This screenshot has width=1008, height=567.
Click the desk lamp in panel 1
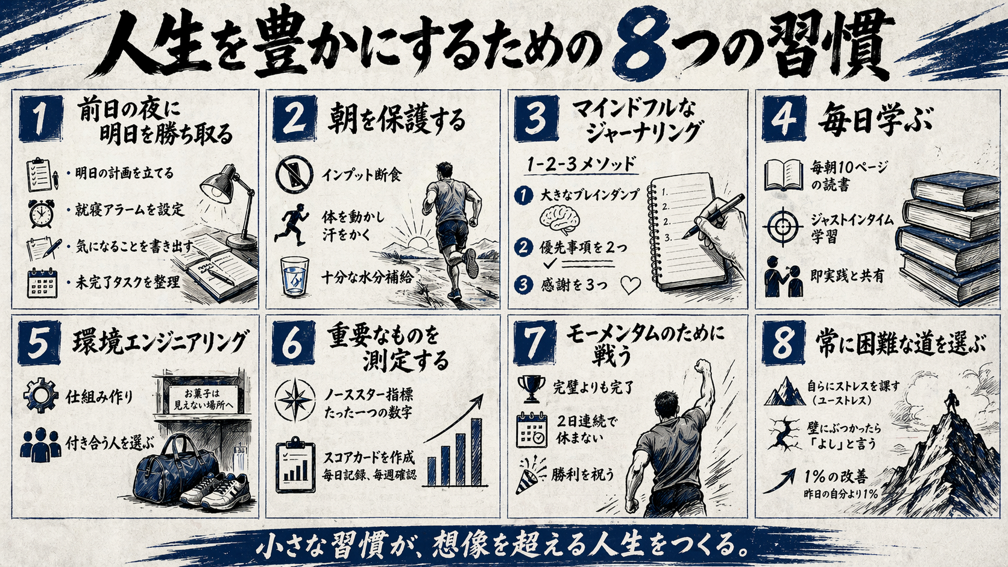point(226,199)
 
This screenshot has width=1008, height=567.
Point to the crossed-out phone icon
point(294,175)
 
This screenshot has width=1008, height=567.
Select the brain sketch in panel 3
point(559,218)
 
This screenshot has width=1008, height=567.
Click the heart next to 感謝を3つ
point(630,284)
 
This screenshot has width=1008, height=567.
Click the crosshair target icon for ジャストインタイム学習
point(782,227)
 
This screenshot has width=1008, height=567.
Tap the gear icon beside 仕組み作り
point(40,396)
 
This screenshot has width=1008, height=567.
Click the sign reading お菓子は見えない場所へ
point(202,399)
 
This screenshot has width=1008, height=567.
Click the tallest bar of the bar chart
point(476,452)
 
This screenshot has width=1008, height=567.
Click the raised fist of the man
point(702,367)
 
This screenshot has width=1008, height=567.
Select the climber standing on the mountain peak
point(951,401)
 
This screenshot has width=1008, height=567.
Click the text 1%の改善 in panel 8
point(836,477)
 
